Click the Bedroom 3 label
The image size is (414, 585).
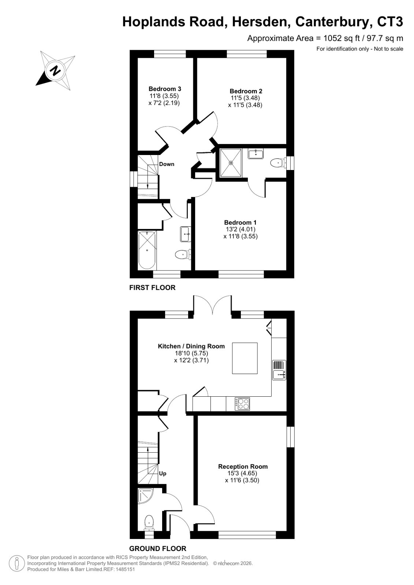(x=165, y=89)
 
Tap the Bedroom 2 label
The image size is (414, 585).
(x=246, y=91)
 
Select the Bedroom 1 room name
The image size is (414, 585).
(x=240, y=223)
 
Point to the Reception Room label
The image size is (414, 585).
(x=243, y=467)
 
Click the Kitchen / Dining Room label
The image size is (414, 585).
(x=191, y=346)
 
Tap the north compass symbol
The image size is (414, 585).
(x=55, y=71)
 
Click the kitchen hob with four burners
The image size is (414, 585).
(x=242, y=404)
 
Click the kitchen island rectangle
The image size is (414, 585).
(x=245, y=358)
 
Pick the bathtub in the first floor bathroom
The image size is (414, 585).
(x=147, y=250)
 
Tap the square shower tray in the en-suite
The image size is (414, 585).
(x=231, y=163)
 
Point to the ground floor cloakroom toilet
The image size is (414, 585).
(x=149, y=522)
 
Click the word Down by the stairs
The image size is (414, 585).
(x=167, y=164)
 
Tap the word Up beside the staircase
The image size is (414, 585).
(x=163, y=473)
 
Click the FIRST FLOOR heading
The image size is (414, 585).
(x=152, y=287)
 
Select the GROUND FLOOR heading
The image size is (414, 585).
(x=158, y=548)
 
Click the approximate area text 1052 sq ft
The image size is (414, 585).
(x=342, y=38)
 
